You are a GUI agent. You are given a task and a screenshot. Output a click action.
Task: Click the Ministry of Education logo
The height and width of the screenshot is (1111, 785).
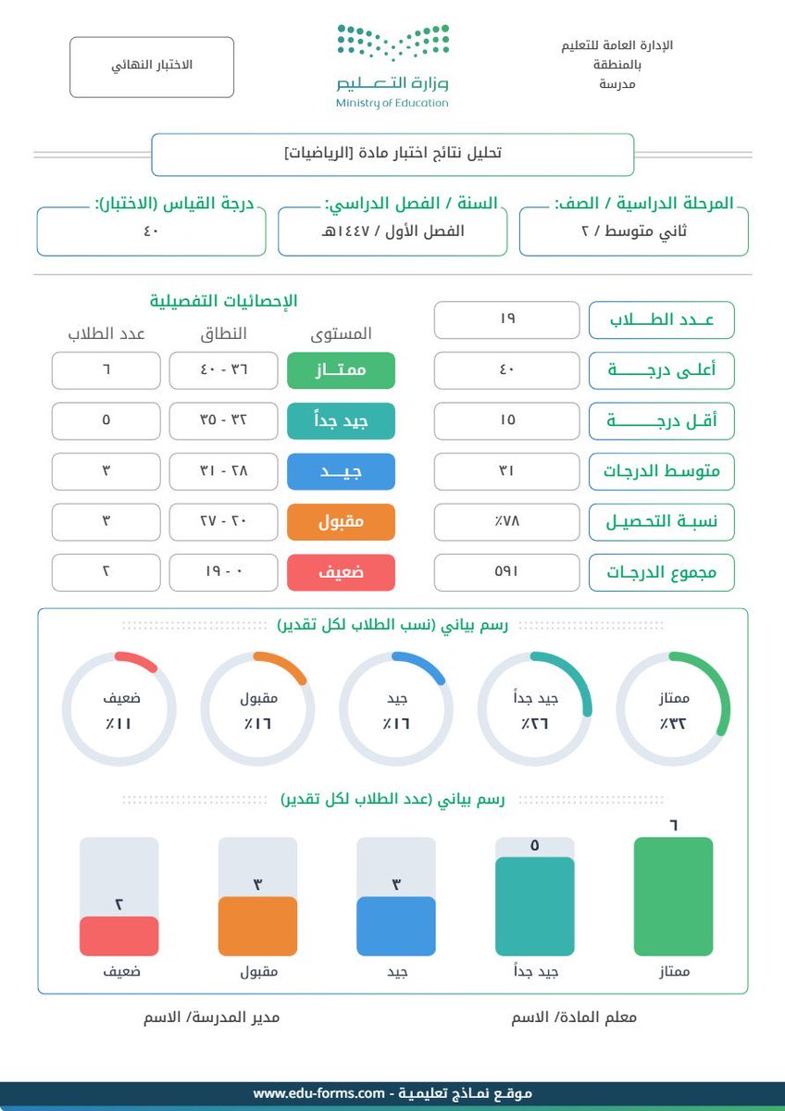[x=392, y=66]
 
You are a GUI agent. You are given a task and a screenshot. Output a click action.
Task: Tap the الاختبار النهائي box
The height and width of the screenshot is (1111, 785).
[x=152, y=67]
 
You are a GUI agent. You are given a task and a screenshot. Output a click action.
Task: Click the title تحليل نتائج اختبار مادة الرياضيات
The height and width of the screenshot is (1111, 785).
[x=392, y=154]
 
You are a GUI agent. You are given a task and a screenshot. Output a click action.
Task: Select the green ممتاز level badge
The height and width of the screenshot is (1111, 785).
[x=341, y=370]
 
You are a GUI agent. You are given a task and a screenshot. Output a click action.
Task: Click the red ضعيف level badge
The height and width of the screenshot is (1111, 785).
[x=341, y=572]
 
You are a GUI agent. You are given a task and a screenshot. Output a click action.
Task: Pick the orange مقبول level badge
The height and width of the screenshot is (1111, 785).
[x=341, y=522]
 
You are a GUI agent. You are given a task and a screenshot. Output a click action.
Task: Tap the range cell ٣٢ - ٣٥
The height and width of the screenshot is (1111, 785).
[x=224, y=420]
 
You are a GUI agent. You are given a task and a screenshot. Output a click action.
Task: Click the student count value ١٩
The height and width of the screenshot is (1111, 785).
[x=507, y=319]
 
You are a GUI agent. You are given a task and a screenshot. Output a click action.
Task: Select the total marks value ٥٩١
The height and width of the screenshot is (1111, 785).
[x=507, y=572]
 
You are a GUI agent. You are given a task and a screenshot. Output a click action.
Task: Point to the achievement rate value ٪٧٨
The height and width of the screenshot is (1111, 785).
[x=507, y=522]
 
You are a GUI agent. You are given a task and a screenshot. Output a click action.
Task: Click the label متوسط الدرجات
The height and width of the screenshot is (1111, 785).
[x=662, y=471]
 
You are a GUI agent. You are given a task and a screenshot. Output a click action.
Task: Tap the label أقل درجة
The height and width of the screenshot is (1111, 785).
[x=662, y=420]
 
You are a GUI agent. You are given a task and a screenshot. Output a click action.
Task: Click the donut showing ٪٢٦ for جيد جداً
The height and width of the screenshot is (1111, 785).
[x=534, y=709]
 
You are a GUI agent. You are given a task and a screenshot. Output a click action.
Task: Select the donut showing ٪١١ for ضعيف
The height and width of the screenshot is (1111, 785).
[x=118, y=709]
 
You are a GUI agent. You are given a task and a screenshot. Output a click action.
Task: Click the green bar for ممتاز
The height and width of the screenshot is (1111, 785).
[x=673, y=896]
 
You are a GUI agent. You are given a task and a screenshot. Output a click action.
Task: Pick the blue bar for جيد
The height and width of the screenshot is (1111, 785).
[x=396, y=925]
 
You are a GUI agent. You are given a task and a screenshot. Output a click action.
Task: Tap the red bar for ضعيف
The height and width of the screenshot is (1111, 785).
[x=118, y=935]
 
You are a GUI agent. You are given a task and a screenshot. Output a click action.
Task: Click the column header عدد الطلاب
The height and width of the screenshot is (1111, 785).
[x=106, y=333]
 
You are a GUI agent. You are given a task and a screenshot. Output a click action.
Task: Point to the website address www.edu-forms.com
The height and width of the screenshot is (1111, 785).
[x=319, y=1093]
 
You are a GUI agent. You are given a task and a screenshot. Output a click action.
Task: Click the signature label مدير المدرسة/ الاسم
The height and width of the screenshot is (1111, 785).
[x=211, y=1017]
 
